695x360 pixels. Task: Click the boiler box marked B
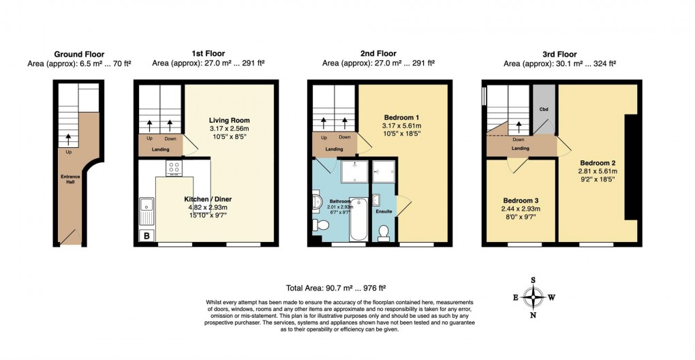(x=146, y=236)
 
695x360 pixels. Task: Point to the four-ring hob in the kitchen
(x=173, y=168)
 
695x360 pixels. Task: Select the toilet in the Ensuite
(x=384, y=232)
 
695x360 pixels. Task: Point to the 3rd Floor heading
(x=559, y=54)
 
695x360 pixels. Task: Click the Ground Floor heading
(x=78, y=54)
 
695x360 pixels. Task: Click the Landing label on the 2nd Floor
(x=334, y=149)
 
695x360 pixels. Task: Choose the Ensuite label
(x=384, y=211)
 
